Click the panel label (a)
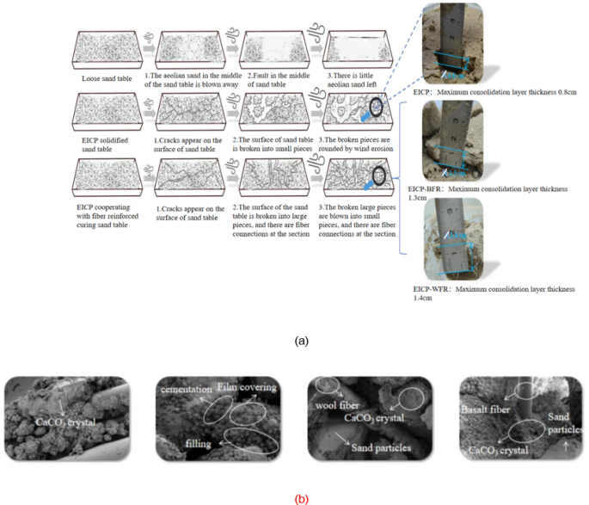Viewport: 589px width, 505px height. (301, 341)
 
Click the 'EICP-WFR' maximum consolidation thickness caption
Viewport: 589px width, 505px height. (494, 293)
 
